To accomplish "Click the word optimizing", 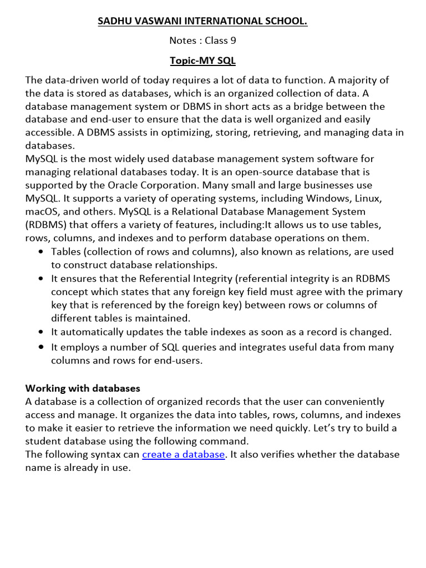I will tap(196, 133).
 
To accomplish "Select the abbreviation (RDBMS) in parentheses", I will tap(48, 225).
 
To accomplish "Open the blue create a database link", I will tap(184, 454).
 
